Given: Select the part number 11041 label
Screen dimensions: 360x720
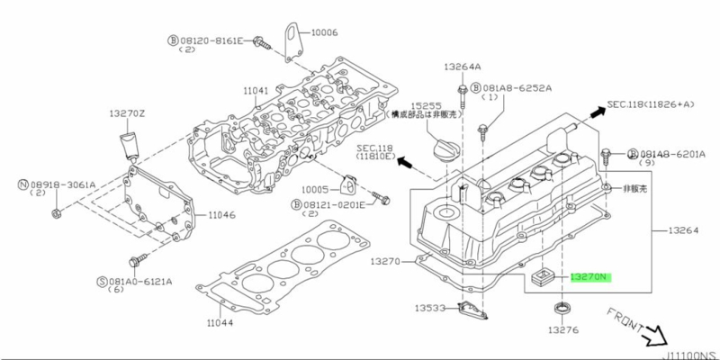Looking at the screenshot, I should pyautogui.click(x=256, y=90).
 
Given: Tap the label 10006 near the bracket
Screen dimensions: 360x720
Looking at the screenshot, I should pyautogui.click(x=325, y=32).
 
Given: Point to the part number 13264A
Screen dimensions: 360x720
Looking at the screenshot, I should pyautogui.click(x=462, y=67).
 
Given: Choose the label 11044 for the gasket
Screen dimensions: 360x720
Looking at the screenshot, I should pyautogui.click(x=219, y=322).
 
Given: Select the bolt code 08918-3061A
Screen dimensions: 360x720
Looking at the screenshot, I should pyautogui.click(x=63, y=184).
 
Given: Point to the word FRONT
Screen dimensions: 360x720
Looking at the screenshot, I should pyautogui.click(x=628, y=321).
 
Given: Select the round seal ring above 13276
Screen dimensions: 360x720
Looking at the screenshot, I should pyautogui.click(x=564, y=311).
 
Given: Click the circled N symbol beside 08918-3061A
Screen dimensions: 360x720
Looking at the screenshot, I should pyautogui.click(x=23, y=184).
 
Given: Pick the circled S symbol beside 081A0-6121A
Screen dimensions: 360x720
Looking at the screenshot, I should pyautogui.click(x=101, y=282).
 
